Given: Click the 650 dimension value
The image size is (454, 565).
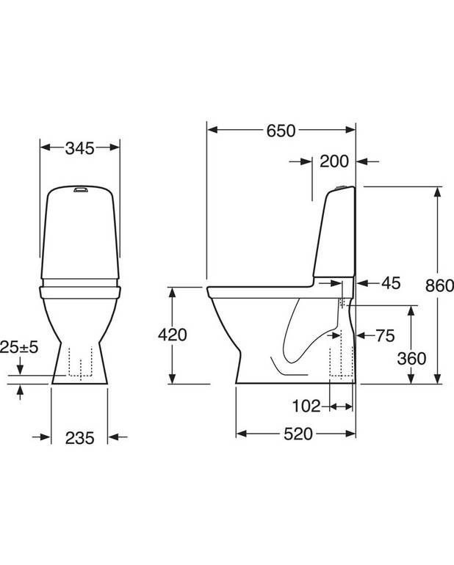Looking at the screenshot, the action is click(x=281, y=131).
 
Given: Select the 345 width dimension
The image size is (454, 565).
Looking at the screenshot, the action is click(x=80, y=148).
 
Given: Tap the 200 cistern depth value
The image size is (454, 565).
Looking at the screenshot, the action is click(x=334, y=161).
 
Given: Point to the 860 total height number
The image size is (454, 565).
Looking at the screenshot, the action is click(x=439, y=285).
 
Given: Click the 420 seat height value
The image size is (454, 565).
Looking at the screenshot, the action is click(x=173, y=335).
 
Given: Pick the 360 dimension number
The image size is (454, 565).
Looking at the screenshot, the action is click(x=411, y=359).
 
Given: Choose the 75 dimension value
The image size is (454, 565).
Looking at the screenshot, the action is click(x=385, y=336).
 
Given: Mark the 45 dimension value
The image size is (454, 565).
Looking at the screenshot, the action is click(x=391, y=283).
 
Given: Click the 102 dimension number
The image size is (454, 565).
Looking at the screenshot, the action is click(x=306, y=406).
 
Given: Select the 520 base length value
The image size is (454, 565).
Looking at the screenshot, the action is click(x=298, y=434).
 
